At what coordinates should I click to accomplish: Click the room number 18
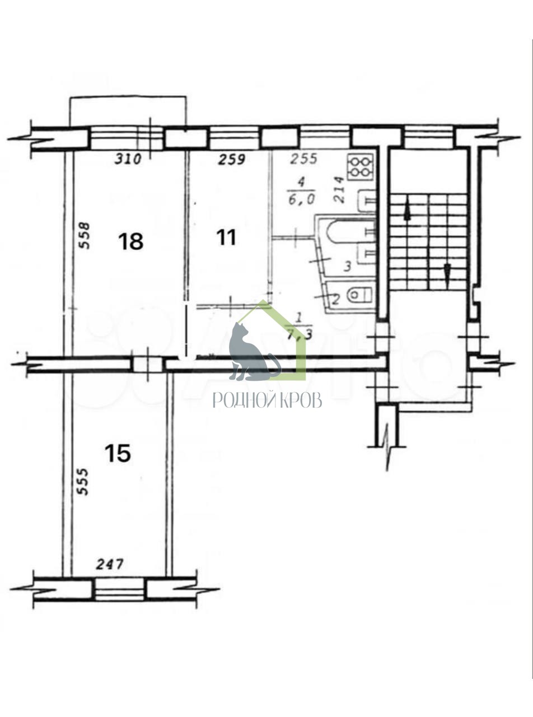131,241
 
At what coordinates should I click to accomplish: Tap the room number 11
226,238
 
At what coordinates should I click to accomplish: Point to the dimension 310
128,159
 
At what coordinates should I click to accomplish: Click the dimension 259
232,159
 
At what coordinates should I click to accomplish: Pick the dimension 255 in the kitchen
303,159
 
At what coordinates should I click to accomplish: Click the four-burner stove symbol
359,166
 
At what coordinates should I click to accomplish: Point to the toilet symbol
359,294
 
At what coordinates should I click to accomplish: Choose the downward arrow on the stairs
447,273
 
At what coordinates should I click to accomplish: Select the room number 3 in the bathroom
347,267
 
